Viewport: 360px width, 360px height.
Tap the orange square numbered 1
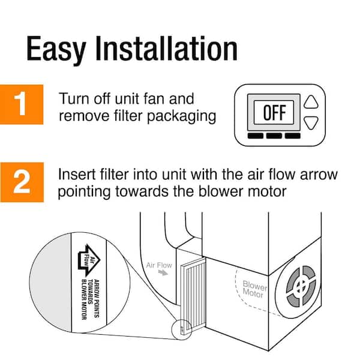pyautogui.click(x=22, y=104)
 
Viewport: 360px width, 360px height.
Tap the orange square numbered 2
pyautogui.click(x=22, y=182)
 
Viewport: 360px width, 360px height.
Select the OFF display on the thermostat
pyautogui.click(x=275, y=113)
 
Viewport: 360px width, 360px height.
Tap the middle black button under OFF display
pyautogui.click(x=274, y=136)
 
